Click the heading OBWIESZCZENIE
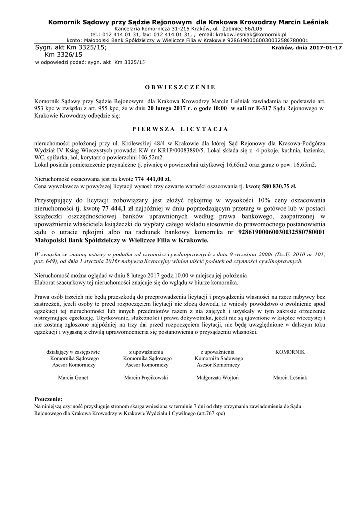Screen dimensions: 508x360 180,86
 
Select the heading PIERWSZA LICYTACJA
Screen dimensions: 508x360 180,129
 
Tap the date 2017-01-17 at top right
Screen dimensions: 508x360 326,48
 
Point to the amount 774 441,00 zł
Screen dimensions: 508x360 156,178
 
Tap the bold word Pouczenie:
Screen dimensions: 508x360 49,399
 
